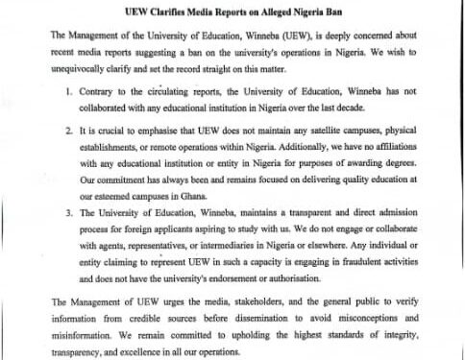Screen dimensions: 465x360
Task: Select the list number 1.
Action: click(69, 93)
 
